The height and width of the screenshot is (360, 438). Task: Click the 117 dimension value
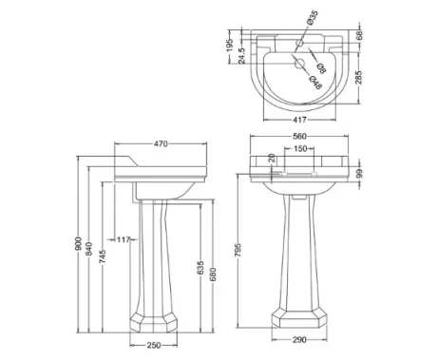click(124, 238)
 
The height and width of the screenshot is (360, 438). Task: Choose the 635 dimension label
click(199, 269)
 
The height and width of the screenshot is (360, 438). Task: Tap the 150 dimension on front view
click(299, 150)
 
